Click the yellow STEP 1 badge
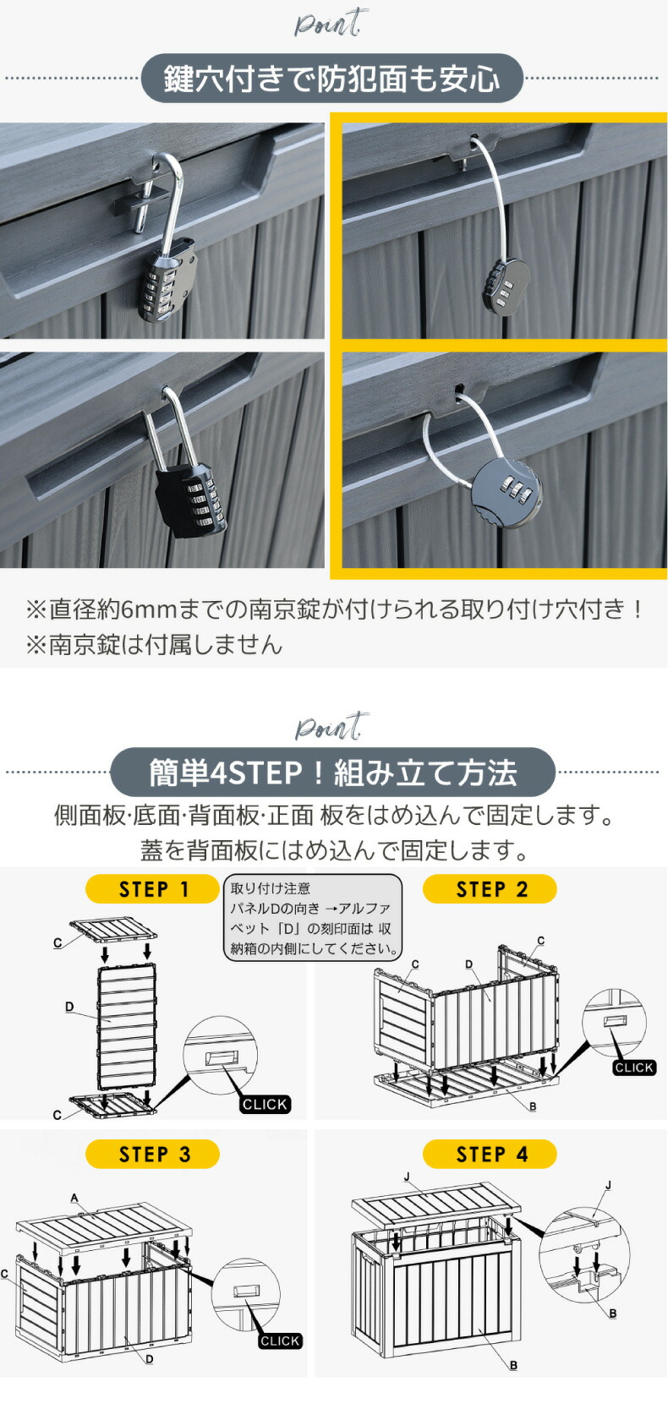coord(152,889)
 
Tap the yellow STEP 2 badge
coord(490,889)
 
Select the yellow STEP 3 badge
coord(152,1154)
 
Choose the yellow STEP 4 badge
coord(490,1154)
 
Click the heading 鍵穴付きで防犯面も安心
coord(332,79)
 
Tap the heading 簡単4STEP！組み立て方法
coord(332,772)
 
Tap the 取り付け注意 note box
coord(312,918)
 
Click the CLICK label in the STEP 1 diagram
coord(265,1104)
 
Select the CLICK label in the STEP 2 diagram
coord(633,1068)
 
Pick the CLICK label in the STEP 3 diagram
coord(280,1341)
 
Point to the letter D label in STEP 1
coord(69,1007)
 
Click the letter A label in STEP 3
coord(74,1198)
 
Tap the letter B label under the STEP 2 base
coord(533,1106)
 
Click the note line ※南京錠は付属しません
coord(154,644)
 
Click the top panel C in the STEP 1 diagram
coord(114,931)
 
